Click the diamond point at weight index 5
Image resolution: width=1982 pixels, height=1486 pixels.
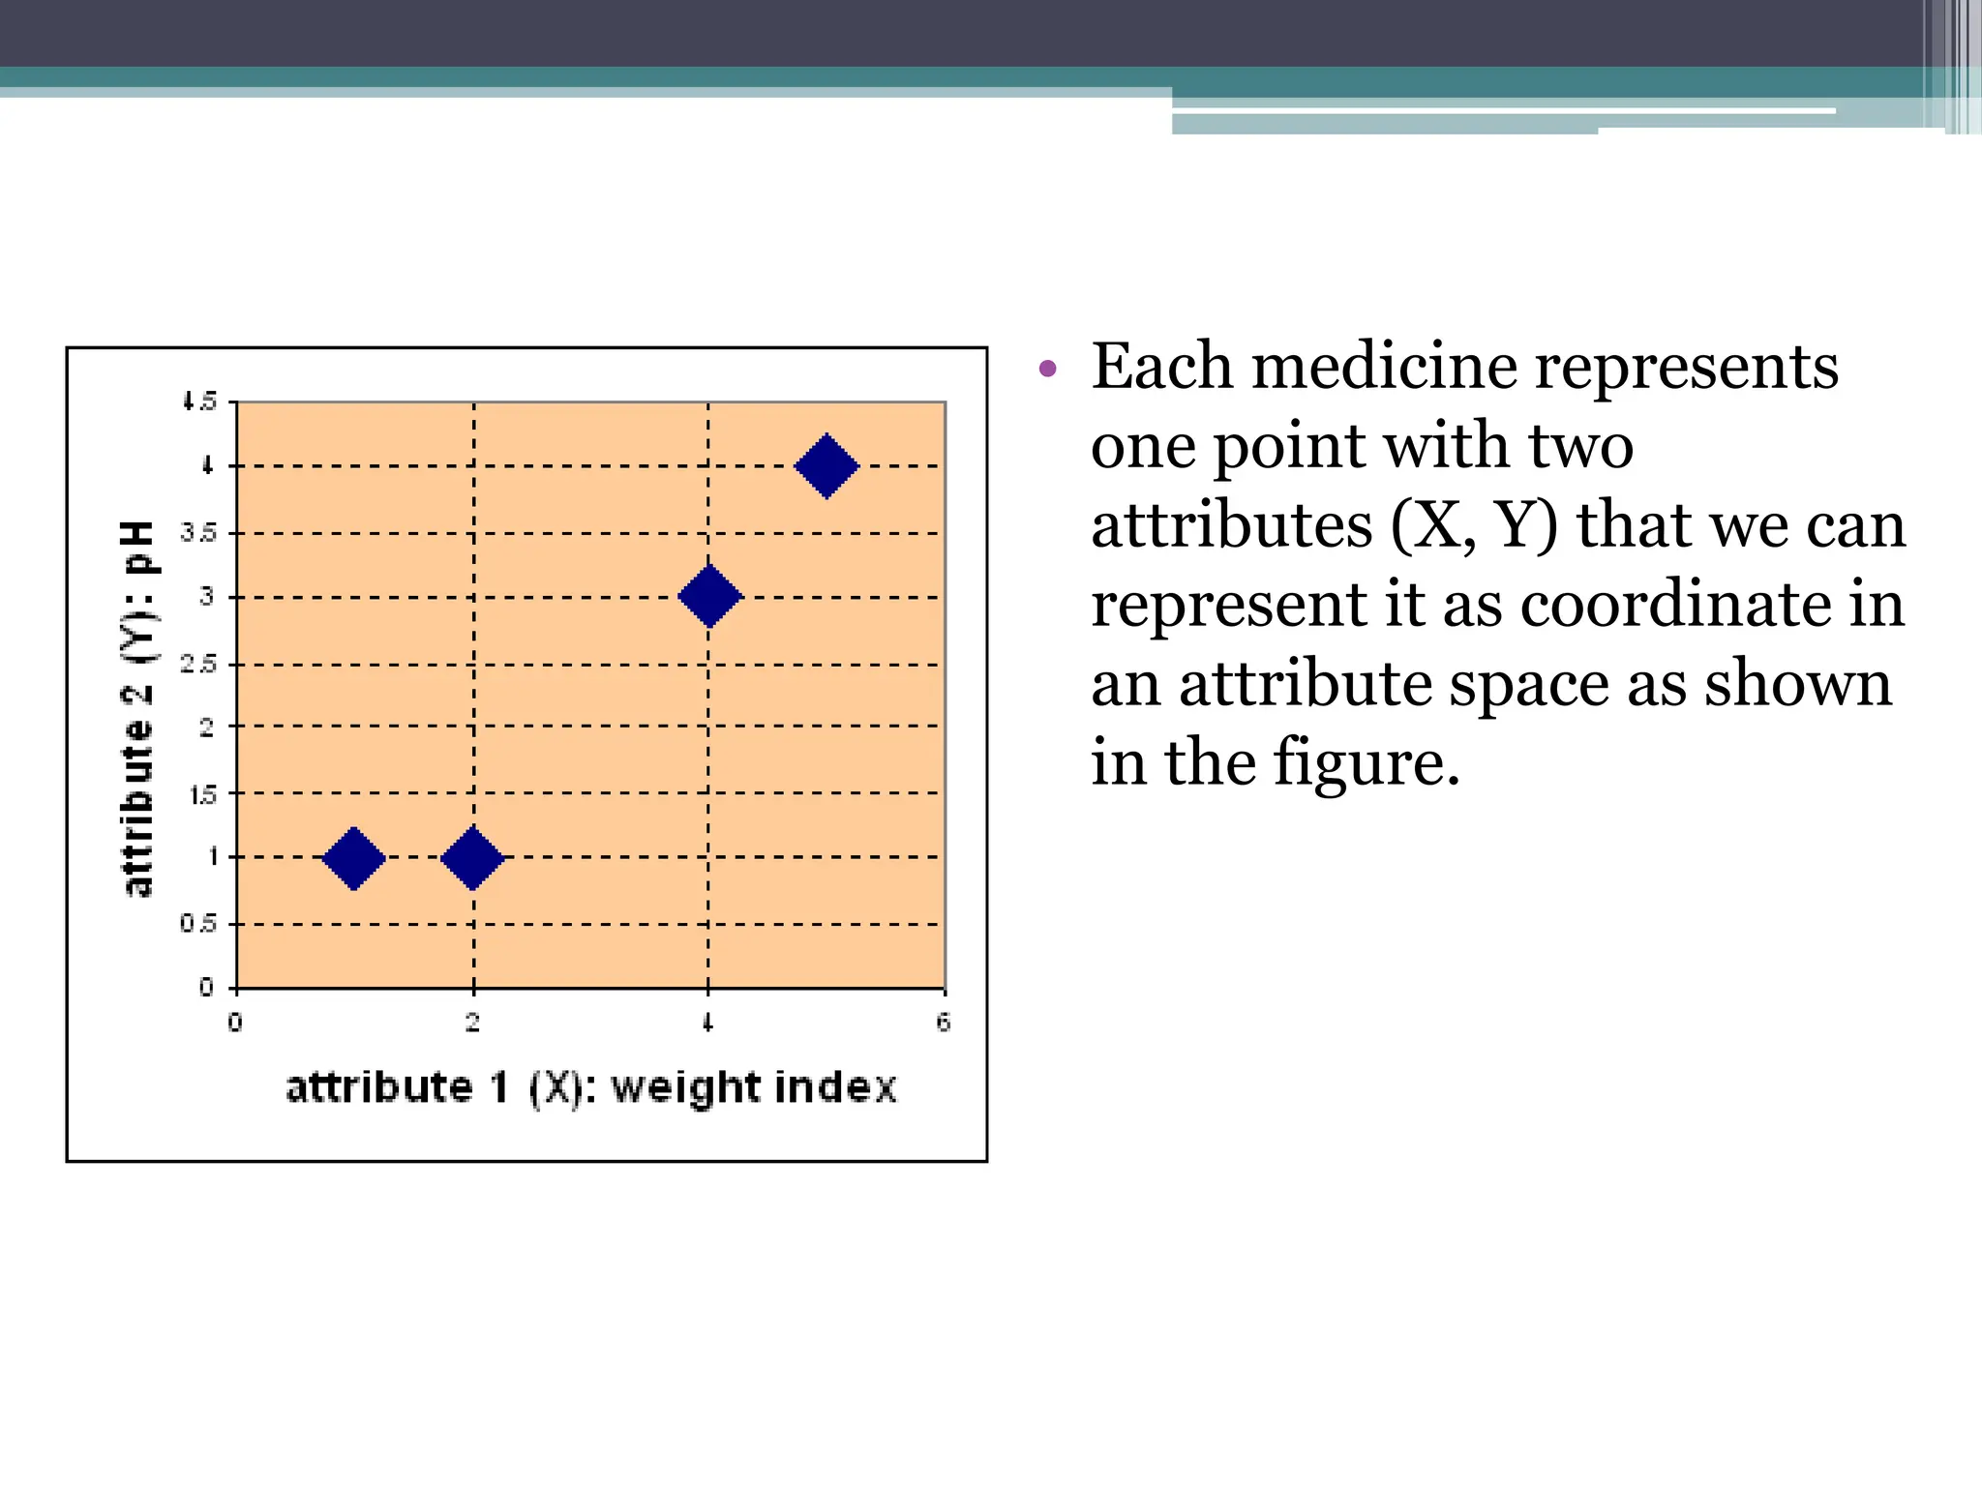(x=826, y=466)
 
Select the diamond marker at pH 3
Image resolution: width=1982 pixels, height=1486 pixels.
(x=709, y=596)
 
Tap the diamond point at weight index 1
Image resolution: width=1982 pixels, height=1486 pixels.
(x=354, y=858)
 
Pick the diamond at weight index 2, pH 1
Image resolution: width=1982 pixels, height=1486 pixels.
(x=472, y=858)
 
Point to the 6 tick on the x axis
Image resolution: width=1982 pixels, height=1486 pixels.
(x=944, y=1023)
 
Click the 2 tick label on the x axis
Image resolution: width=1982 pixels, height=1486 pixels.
(x=472, y=1023)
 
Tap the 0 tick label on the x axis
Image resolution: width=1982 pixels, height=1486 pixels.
(x=235, y=1023)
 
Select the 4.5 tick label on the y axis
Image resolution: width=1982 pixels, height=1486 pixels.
(x=199, y=401)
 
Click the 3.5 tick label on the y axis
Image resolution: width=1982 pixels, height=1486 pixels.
(x=198, y=533)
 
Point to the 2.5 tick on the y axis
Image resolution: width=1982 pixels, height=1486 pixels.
(x=198, y=665)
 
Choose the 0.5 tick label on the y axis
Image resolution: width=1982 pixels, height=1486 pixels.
(x=198, y=924)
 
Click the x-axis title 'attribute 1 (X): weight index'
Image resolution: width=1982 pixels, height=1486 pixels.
(x=591, y=1088)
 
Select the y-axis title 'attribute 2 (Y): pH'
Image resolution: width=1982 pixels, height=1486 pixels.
(x=137, y=708)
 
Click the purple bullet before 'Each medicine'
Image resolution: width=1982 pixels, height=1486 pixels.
(x=1046, y=369)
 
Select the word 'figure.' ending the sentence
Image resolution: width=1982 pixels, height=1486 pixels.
(x=1366, y=763)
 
